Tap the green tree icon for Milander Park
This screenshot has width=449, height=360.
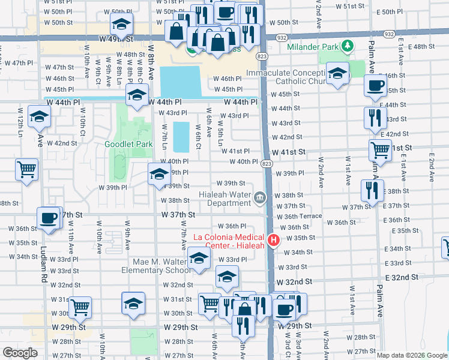coord(346,46)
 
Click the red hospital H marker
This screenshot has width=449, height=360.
coord(274,241)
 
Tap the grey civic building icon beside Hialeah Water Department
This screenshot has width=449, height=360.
coord(259,197)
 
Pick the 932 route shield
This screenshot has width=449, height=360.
coord(282,37)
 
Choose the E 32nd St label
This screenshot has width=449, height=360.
coord(398,277)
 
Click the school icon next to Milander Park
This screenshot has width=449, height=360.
coord(338,73)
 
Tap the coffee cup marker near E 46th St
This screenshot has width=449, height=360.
coord(376,85)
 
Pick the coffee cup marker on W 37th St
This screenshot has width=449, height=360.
coord(49,217)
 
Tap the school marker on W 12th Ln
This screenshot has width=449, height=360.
coord(40,118)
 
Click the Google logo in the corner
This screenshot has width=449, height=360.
coord(20,353)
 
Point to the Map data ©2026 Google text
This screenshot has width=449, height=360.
coord(412,355)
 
